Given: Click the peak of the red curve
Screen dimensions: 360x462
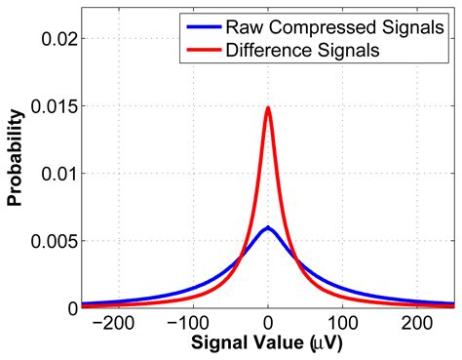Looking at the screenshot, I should click(268, 108).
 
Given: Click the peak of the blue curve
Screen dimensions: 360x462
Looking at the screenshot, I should click(268, 228).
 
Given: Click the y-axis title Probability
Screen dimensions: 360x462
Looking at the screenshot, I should click(16, 173).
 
